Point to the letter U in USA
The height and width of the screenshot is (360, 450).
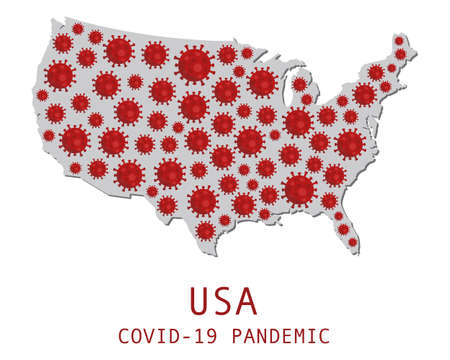199,300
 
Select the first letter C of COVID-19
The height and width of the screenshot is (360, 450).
123,336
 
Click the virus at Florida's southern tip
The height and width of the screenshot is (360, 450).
352,241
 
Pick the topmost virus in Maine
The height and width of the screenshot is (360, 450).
399,41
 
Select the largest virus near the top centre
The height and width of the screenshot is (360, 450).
194,65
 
